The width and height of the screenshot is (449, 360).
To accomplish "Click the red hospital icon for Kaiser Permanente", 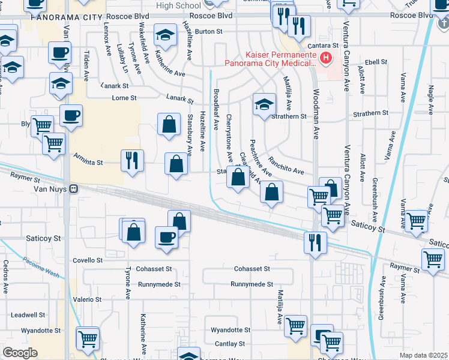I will [x=325, y=58].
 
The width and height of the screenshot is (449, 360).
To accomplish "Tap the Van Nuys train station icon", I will [x=73, y=188].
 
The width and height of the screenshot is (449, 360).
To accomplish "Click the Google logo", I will [x=20, y=353].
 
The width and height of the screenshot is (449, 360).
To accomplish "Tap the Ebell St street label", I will [x=376, y=61].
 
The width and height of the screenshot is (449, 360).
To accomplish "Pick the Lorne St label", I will [x=124, y=97].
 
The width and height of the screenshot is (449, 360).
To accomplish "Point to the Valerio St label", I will [x=87, y=299].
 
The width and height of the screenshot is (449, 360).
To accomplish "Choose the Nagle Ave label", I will [x=431, y=95].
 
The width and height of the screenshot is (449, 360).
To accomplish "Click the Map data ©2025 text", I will [x=424, y=355].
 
